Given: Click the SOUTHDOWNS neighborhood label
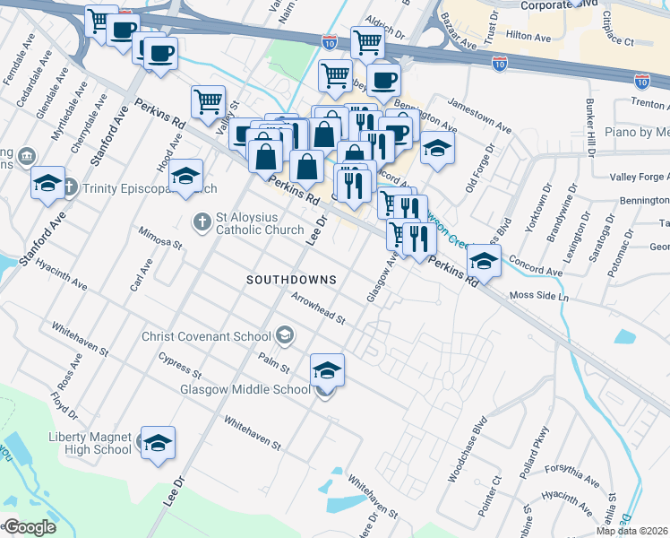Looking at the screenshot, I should (291, 280).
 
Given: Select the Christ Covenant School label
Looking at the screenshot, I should (206, 337).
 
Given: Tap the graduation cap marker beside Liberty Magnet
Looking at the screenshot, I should (158, 443).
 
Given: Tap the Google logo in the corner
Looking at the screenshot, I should (29, 527).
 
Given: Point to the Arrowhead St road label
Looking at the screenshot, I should (317, 309).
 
